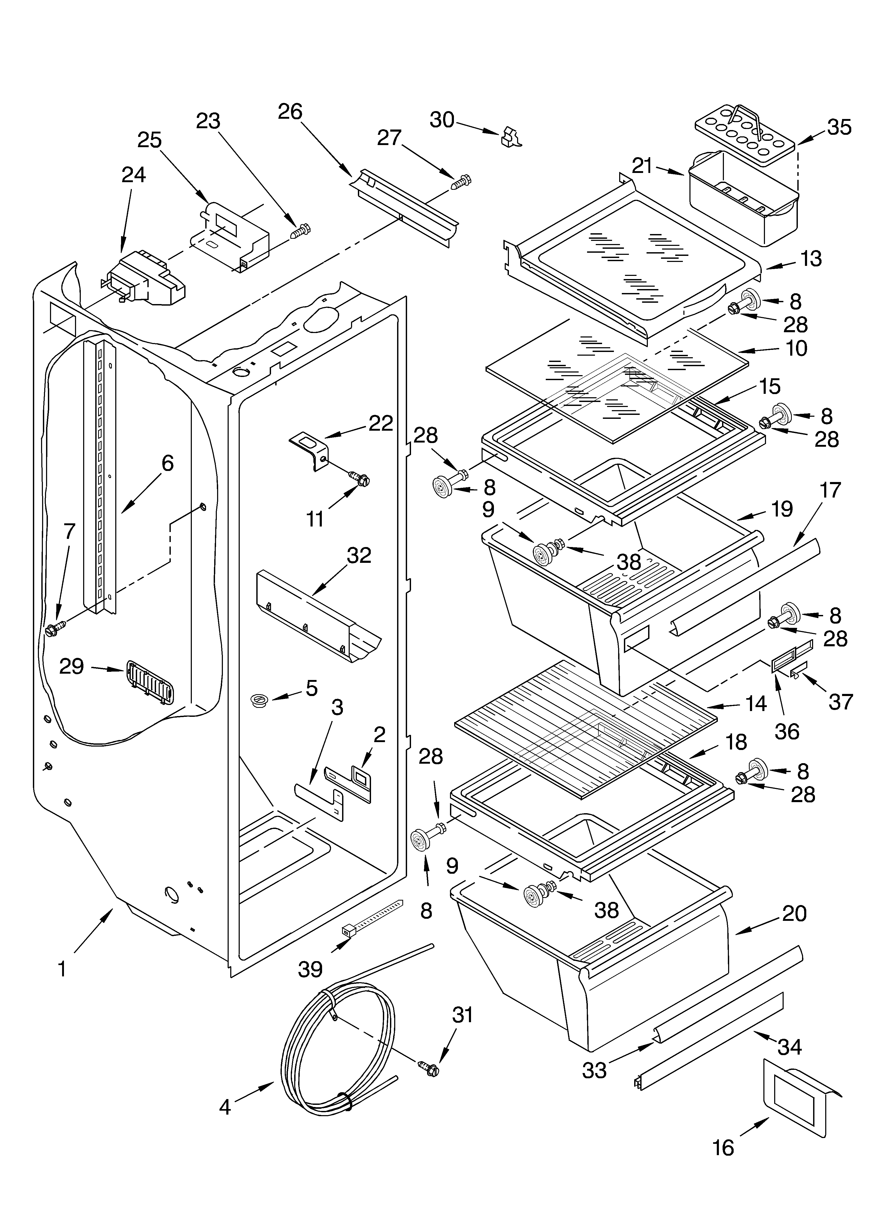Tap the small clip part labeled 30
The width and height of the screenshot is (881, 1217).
510,137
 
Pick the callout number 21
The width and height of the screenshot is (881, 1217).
642,166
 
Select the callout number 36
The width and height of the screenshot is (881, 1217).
787,731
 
